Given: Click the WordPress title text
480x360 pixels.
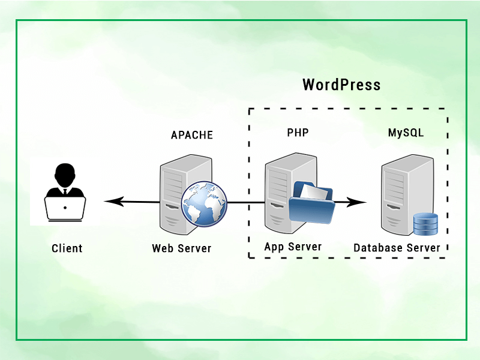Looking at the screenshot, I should [x=341, y=85].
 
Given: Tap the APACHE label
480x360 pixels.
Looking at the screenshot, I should [x=192, y=135].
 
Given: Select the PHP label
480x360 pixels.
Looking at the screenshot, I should [x=298, y=133].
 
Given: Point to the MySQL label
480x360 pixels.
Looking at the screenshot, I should [x=406, y=133].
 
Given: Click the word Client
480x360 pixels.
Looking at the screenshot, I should [x=67, y=248].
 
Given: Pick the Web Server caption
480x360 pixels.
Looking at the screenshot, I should [x=181, y=248].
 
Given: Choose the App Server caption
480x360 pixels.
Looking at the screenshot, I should [x=293, y=247].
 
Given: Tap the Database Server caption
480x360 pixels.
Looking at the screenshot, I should [x=397, y=248].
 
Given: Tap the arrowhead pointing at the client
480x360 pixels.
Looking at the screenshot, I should [x=109, y=202].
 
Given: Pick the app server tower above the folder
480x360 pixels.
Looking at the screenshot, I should [x=288, y=174].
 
